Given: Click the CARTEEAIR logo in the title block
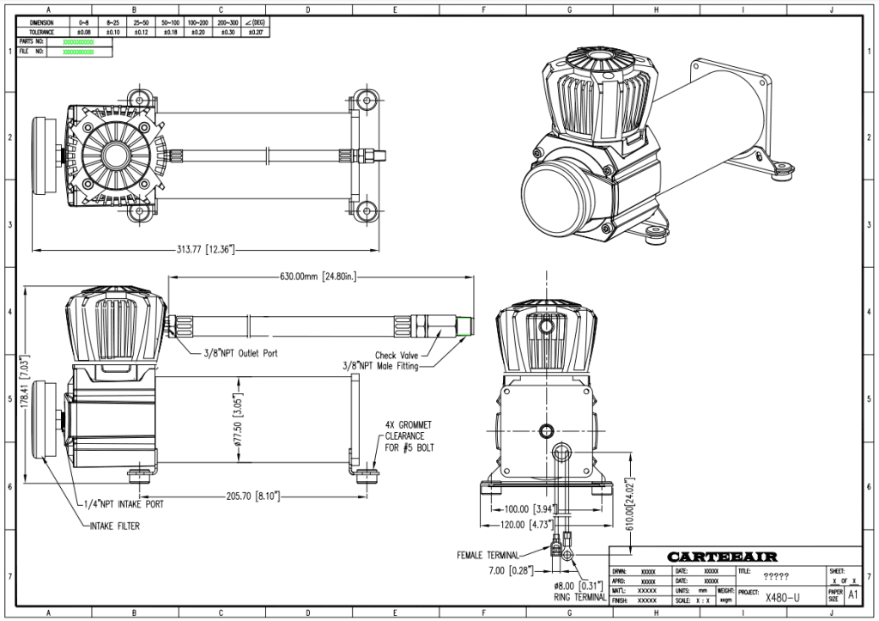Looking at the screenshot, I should pos(722,557).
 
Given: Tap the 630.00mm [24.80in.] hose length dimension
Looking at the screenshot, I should pos(318,277).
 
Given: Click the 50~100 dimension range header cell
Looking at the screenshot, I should pos(170,22).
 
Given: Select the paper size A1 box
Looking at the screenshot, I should pos(852,594).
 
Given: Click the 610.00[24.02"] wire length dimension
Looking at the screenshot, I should pos(629,507).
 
